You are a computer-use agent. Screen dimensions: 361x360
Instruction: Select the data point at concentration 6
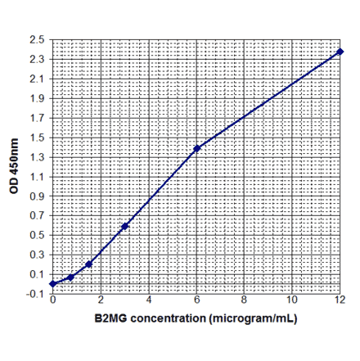pyautogui.click(x=197, y=148)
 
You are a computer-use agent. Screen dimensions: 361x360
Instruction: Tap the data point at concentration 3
pyautogui.click(x=125, y=226)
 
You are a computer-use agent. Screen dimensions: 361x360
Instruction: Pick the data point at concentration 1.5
pyautogui.click(x=88, y=264)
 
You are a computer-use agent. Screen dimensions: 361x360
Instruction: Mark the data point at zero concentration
pyautogui.click(x=52, y=284)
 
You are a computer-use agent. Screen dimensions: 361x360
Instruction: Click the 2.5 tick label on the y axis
pyautogui.click(x=38, y=40)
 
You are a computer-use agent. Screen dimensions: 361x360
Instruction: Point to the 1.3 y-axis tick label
pyautogui.click(x=38, y=157)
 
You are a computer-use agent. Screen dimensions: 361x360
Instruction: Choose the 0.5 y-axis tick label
pyautogui.click(x=38, y=235)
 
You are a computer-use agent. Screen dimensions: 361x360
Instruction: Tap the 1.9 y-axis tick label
pyautogui.click(x=38, y=98)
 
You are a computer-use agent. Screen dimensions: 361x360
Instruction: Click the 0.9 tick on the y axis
pyautogui.click(x=38, y=196)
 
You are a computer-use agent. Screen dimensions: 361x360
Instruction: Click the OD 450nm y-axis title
pyautogui.click(x=14, y=166)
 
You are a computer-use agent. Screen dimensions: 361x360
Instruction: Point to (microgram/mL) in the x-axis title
pyautogui.click(x=253, y=318)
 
